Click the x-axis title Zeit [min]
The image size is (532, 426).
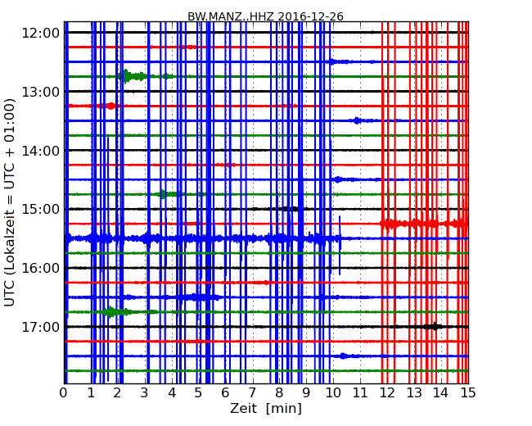pyautogui.click(x=266, y=408)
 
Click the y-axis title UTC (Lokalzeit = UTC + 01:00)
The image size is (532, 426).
pyautogui.click(x=11, y=202)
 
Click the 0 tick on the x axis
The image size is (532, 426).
pyautogui.click(x=64, y=392)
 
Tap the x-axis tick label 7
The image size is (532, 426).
pyautogui.click(x=252, y=392)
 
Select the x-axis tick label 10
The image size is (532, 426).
pyautogui.click(x=333, y=392)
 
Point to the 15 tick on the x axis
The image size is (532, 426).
pyautogui.click(x=468, y=392)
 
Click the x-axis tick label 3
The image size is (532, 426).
pyautogui.click(x=145, y=392)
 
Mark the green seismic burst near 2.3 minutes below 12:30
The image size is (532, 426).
pyautogui.click(x=128, y=76)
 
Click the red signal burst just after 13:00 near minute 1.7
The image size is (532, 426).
pyautogui.click(x=110, y=106)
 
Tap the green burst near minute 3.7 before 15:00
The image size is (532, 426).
pyautogui.click(x=163, y=194)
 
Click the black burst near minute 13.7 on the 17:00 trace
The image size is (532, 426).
pyautogui.click(x=432, y=326)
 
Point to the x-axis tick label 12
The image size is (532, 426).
pyautogui.click(x=387, y=392)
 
